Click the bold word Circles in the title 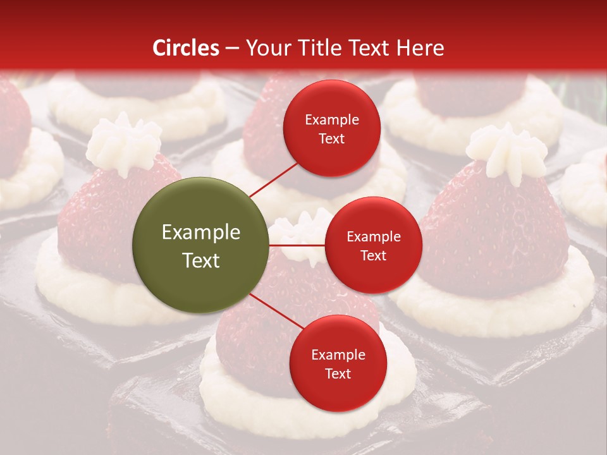[x=186, y=48]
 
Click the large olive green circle [x=201, y=246]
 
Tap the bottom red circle [x=338, y=363]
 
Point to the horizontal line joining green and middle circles [x=297, y=245]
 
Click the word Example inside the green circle [x=201, y=233]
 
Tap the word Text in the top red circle [x=332, y=138]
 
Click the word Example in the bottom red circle [x=338, y=355]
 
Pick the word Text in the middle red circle [x=373, y=255]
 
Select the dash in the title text [x=232, y=48]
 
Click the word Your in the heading [x=266, y=48]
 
